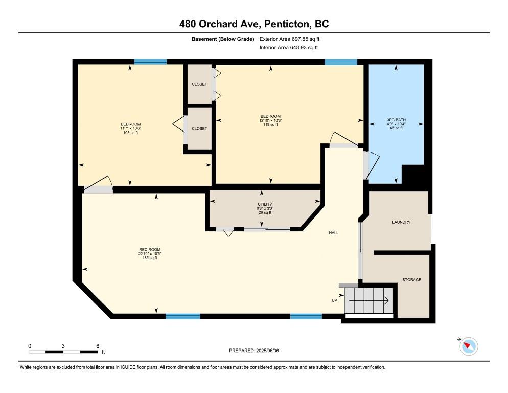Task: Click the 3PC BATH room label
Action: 396,120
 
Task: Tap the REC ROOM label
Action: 150,250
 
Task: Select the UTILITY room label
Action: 265,204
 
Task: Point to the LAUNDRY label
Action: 401,222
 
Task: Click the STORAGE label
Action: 412,280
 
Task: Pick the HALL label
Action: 334,233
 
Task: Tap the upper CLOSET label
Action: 199,84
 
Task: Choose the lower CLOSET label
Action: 199,129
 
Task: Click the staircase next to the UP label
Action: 368,300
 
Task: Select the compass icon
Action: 469,346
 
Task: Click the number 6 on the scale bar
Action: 98,346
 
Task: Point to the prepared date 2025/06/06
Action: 267,351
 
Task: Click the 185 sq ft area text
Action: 150,258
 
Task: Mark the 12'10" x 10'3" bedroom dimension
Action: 270,120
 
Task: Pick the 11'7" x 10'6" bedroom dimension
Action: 130,128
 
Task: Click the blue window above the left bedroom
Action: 150,62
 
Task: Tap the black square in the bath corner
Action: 413,174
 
